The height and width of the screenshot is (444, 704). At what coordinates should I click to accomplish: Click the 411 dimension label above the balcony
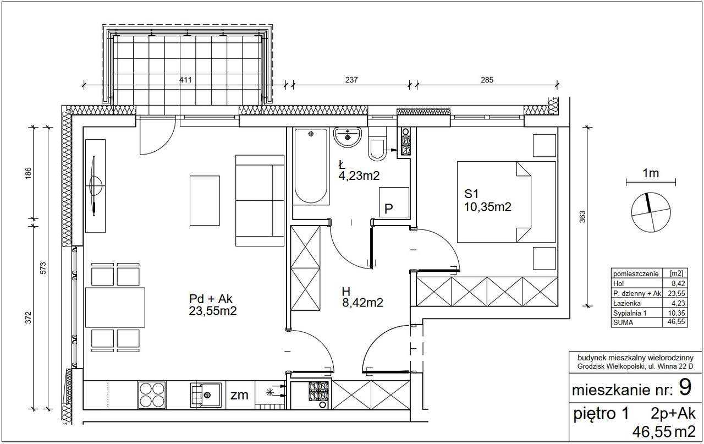click(185, 80)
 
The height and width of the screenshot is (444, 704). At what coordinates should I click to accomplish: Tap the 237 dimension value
click(351, 80)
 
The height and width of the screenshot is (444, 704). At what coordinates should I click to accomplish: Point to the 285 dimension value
click(487, 80)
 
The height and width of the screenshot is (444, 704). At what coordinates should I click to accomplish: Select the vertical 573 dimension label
click(43, 268)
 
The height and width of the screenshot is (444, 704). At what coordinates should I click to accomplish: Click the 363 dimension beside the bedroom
click(582, 216)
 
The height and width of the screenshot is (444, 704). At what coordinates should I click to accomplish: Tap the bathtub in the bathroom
click(311, 167)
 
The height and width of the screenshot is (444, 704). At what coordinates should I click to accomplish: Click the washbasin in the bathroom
click(348, 137)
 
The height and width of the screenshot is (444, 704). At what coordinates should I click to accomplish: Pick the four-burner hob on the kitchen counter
click(152, 394)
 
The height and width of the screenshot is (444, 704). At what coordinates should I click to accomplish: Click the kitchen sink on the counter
click(206, 394)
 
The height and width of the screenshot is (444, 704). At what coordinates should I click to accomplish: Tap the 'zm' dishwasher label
click(239, 395)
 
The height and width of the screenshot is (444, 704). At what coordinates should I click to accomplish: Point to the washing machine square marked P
click(394, 202)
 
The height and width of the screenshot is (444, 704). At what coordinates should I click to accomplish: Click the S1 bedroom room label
click(471, 194)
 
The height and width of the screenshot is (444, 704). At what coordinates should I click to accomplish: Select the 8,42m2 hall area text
click(362, 303)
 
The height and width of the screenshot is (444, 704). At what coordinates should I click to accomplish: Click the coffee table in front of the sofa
click(205, 201)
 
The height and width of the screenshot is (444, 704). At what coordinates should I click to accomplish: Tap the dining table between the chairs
click(115, 308)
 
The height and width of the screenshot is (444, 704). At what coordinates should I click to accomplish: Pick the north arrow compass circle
click(651, 212)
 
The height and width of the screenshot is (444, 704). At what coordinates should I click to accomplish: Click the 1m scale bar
click(651, 182)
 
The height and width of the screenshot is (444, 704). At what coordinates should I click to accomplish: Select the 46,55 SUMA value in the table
click(678, 322)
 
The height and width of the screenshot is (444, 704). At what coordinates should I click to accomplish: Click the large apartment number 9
click(685, 387)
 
